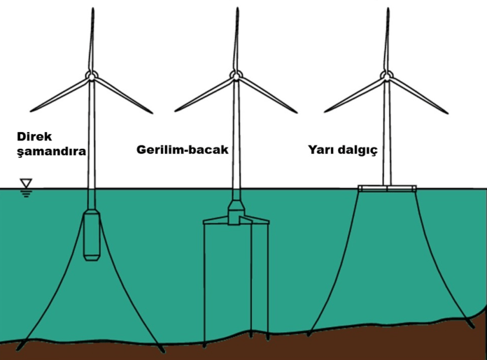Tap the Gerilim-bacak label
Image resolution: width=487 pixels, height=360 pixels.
pos(181,150)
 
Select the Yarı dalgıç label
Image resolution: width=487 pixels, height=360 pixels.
pos(342,150)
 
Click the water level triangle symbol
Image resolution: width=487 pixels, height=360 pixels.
pos(27,185)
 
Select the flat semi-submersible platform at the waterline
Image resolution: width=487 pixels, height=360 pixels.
pos(387,188)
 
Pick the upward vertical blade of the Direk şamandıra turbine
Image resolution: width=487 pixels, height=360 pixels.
pos(92,38)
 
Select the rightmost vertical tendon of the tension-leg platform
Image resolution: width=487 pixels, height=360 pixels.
pos(268,280)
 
